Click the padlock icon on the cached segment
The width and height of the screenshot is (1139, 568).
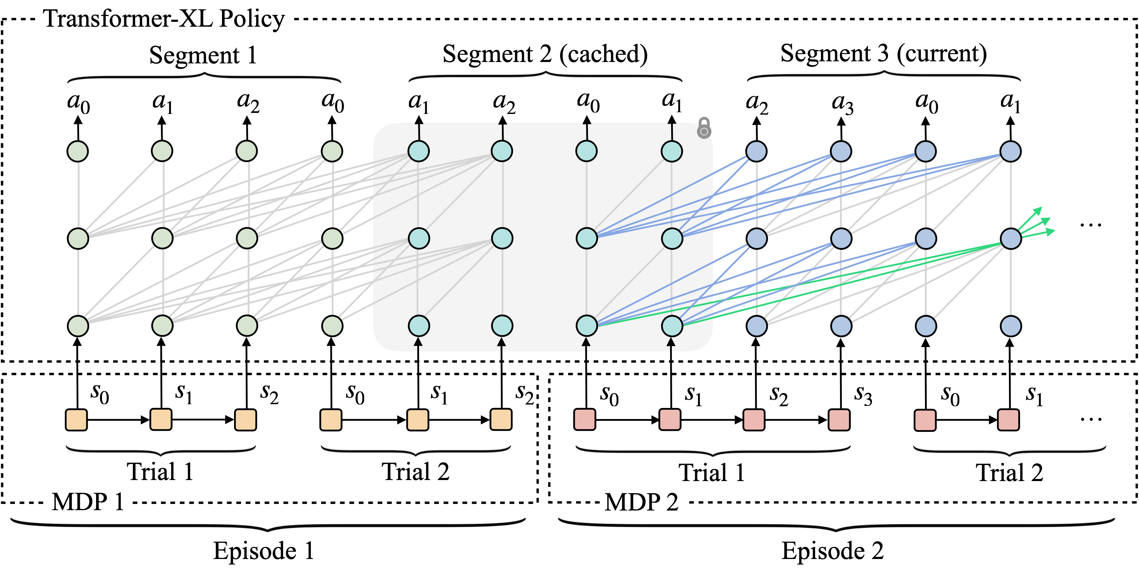(x=704, y=128)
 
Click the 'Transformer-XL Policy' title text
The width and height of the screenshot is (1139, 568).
(x=164, y=19)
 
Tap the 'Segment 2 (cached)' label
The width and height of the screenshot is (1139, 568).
(x=545, y=54)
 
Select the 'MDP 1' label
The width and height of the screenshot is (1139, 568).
(x=87, y=502)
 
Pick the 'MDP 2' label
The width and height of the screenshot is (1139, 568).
(x=641, y=502)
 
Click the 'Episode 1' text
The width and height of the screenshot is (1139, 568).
(x=264, y=551)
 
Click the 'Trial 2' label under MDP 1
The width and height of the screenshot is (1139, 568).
(x=416, y=471)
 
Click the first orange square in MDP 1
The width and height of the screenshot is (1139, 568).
(x=76, y=420)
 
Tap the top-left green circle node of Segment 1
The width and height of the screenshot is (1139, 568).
(x=78, y=151)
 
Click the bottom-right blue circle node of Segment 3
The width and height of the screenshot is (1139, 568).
(x=1011, y=326)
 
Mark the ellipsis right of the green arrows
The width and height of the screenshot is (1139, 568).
(x=1091, y=225)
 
